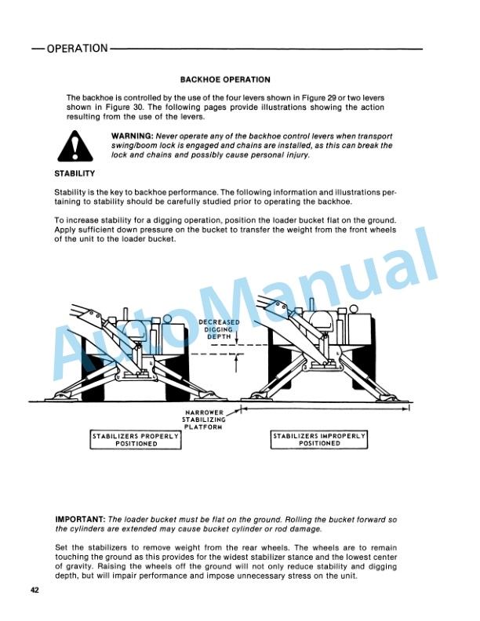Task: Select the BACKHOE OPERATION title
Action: (x=225, y=80)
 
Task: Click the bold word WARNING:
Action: (x=133, y=136)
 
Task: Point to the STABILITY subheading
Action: (x=75, y=173)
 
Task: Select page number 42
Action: (x=35, y=590)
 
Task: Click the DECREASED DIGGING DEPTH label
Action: (x=219, y=329)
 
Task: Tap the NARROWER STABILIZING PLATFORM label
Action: (x=204, y=419)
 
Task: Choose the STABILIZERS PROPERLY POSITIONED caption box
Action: (x=136, y=439)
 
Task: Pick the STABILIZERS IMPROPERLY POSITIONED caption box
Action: (x=319, y=439)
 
